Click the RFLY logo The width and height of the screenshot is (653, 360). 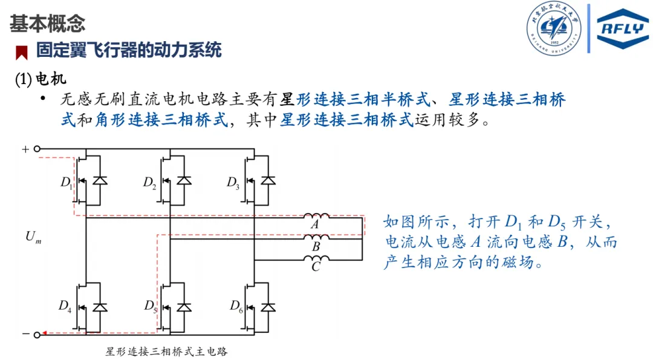pyautogui.click(x=622, y=28)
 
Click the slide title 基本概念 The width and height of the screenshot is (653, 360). pyautogui.click(x=47, y=24)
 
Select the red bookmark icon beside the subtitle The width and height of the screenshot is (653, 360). pyautogui.click(x=22, y=53)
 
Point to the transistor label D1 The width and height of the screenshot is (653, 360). pyautogui.click(x=67, y=182)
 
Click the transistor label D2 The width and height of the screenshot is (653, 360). pyautogui.click(x=150, y=182)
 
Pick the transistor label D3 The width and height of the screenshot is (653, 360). pyautogui.click(x=233, y=182)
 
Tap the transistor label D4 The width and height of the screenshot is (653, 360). pyautogui.click(x=65, y=307)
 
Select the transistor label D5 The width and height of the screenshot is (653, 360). pyautogui.click(x=151, y=307)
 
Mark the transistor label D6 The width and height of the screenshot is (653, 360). pyautogui.click(x=236, y=307)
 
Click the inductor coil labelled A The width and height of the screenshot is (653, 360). pyautogui.click(x=316, y=216)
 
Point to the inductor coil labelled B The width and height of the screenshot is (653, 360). pyautogui.click(x=316, y=237)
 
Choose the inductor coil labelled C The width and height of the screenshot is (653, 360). pyautogui.click(x=316, y=258)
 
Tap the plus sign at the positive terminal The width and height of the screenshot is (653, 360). pyautogui.click(x=25, y=149)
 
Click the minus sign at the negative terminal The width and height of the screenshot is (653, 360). pyautogui.click(x=25, y=333)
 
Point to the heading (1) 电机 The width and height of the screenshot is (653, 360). pyautogui.click(x=41, y=79)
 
